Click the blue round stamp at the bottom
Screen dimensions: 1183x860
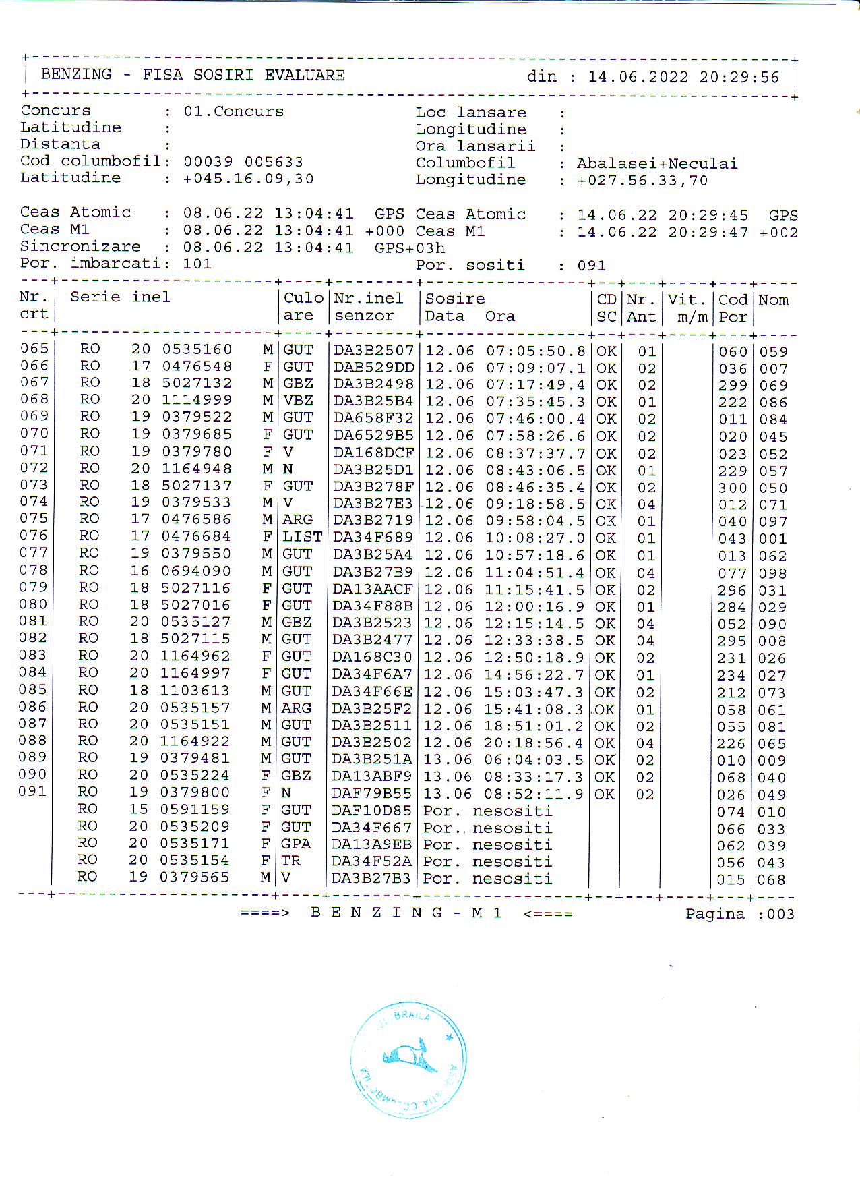(408, 1060)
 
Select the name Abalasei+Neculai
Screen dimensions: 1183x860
(656, 163)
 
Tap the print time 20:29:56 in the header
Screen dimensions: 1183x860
(739, 78)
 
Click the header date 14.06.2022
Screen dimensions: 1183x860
(638, 78)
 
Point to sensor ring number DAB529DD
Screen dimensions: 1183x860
(373, 368)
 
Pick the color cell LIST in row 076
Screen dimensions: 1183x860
(301, 538)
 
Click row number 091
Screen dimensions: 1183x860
(32, 790)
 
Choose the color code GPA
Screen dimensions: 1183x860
(295, 844)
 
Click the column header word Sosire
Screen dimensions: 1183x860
(454, 299)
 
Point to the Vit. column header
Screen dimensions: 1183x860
(686, 300)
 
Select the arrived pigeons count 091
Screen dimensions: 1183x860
(591, 266)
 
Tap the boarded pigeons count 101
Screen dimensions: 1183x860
(197, 264)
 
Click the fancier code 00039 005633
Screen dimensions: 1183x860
(243, 162)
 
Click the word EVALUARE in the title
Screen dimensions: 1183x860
(305, 75)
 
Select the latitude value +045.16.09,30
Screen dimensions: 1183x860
(248, 179)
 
